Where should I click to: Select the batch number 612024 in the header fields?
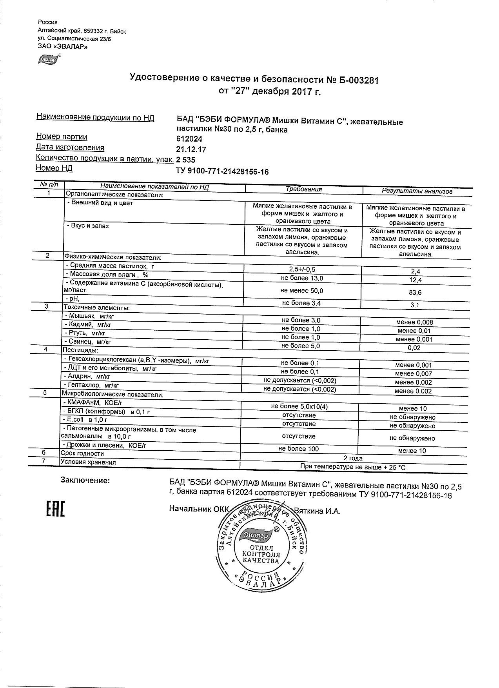click(189, 139)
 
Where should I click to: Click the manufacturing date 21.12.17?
click(191, 149)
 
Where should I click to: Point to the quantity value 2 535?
click(186, 160)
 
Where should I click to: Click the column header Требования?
click(303, 189)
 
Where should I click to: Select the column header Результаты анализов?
click(417, 191)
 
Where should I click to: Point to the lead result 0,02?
click(414, 348)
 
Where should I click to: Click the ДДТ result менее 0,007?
click(413, 374)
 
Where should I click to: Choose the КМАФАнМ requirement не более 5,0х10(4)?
click(299, 407)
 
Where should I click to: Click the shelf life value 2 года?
click(353, 458)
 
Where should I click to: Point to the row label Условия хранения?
click(88, 462)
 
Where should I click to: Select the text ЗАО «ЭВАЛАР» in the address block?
click(62, 47)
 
